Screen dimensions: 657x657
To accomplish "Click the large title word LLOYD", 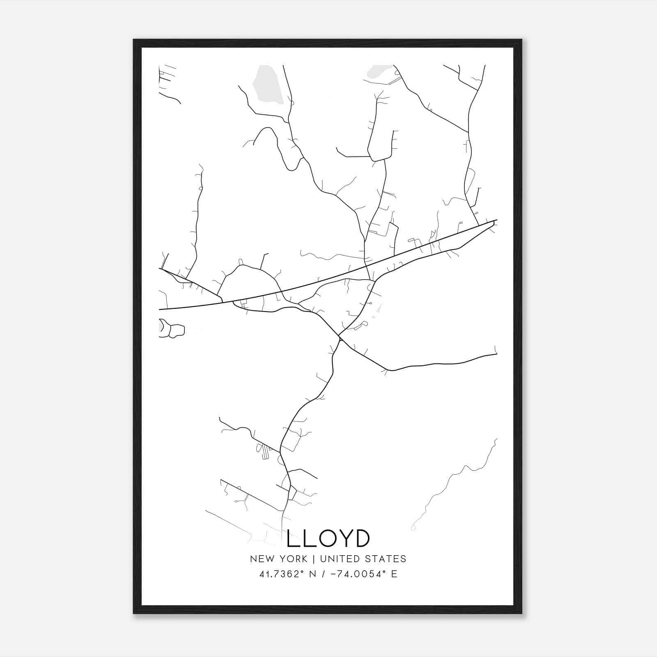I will [328, 538].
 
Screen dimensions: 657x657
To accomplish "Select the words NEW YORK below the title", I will [278, 559].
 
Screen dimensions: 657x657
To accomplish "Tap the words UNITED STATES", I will [363, 559].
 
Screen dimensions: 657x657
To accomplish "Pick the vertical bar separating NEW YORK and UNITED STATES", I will [313, 559].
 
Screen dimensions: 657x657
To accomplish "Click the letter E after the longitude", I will [394, 574].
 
